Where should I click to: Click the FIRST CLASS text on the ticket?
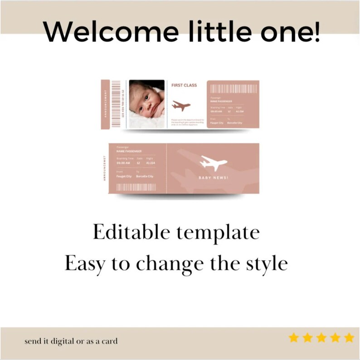[184, 85]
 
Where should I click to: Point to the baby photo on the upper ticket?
[147, 104]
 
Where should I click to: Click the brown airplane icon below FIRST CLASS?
[181, 106]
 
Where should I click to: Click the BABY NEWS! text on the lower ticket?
[214, 178]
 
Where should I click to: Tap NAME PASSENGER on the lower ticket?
[129, 151]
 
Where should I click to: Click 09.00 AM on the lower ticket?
[123, 163]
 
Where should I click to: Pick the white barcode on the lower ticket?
[136, 187]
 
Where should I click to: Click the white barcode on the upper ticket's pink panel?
[234, 89]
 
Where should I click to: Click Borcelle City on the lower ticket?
[145, 176]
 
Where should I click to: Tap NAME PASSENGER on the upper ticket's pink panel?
[221, 101]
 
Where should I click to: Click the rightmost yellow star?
[349, 338]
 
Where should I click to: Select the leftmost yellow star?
[293, 338]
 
